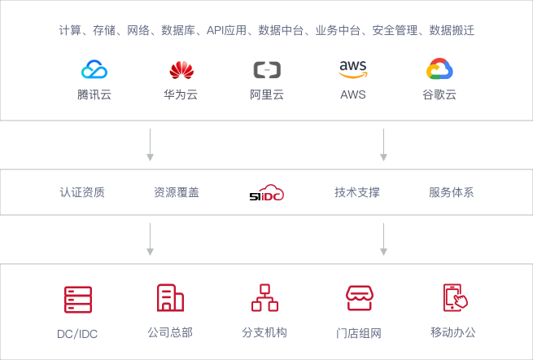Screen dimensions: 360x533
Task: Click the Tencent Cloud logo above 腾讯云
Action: point(94,70)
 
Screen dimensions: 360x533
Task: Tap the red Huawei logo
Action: point(181,70)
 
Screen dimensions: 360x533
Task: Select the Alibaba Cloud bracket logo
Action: point(267,70)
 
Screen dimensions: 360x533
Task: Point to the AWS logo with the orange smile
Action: point(353,69)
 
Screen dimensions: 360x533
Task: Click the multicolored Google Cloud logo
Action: point(439,70)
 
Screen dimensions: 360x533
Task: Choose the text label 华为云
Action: point(181,94)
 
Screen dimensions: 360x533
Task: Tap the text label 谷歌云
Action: point(439,94)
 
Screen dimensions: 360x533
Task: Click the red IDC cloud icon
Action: point(269,193)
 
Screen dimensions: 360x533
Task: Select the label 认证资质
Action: point(82,193)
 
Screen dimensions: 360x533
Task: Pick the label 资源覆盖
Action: point(177,193)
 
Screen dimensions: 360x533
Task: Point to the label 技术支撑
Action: point(357,193)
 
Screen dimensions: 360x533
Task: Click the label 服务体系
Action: point(452,193)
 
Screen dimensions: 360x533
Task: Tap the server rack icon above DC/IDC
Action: point(78,299)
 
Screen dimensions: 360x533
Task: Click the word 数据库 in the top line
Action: point(176,31)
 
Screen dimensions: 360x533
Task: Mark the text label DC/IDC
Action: point(78,334)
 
